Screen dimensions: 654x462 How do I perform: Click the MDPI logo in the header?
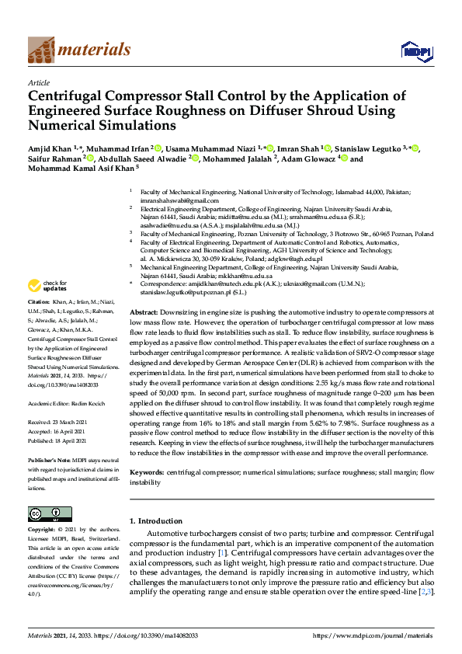click(415, 51)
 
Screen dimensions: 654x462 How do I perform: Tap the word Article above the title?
click(39, 82)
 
